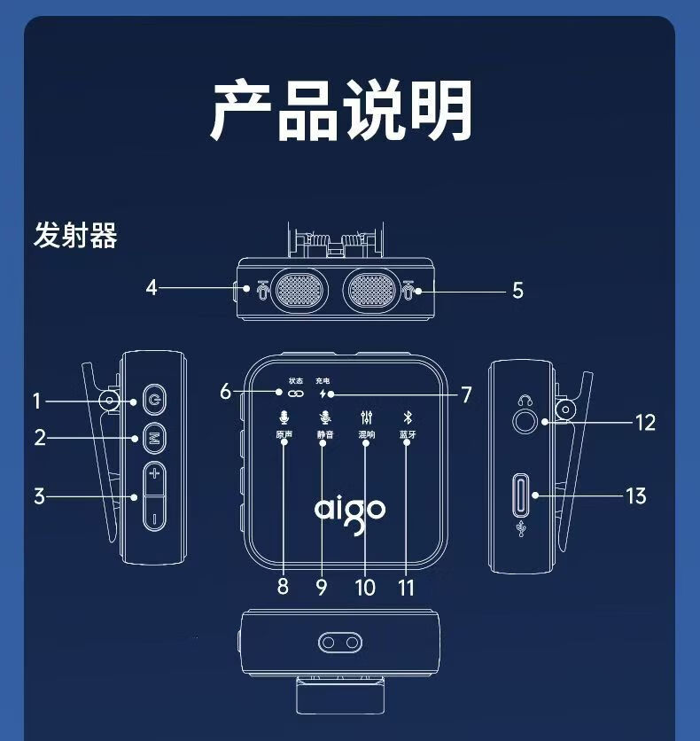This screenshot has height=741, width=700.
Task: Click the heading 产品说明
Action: coord(342,110)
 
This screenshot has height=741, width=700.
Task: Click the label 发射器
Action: coord(75,237)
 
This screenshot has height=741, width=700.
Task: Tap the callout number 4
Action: coord(152,287)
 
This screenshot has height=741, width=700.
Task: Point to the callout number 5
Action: coord(517,290)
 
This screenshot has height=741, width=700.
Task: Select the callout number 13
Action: coord(636,495)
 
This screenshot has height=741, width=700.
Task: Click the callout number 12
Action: coord(645,422)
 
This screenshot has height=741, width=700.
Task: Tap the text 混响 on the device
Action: coord(367,435)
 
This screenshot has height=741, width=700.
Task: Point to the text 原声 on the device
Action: coord(284,435)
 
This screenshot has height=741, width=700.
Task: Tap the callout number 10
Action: coord(365,587)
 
